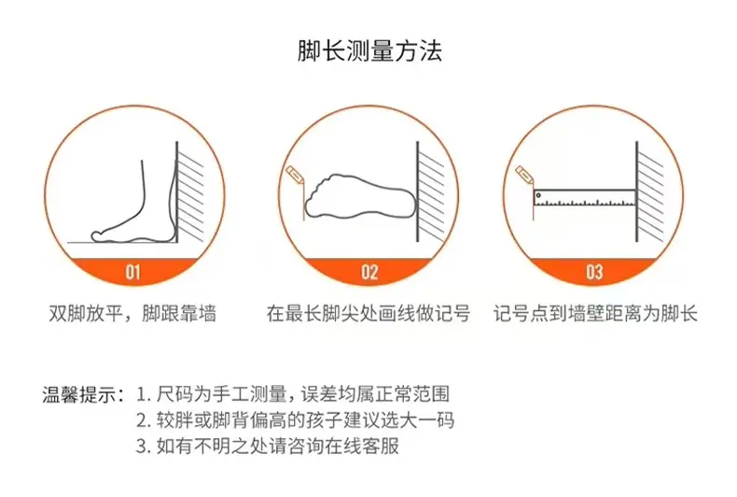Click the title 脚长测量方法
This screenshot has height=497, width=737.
tap(370, 50)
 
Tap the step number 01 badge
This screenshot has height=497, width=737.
tap(133, 272)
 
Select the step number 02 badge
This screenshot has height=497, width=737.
tap(369, 272)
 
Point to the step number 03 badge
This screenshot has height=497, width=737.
tap(594, 272)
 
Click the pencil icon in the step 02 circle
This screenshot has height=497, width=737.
tap(295, 174)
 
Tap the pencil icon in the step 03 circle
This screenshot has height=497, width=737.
tap(523, 174)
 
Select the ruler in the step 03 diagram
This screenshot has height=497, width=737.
tap(585, 198)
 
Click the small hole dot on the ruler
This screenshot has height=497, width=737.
tap(538, 195)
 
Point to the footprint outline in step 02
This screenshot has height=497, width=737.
tap(360, 197)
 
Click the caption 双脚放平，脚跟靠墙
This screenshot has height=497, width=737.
tap(132, 314)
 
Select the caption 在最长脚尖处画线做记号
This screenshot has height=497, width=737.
tap(368, 314)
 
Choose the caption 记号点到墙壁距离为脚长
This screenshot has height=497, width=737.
tap(595, 314)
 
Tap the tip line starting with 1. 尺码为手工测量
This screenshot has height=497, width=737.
tap(293, 394)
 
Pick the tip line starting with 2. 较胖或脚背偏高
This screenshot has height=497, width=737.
tap(295, 419)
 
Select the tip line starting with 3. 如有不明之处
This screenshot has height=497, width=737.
tap(268, 446)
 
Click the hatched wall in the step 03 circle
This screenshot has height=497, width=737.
tap(649, 192)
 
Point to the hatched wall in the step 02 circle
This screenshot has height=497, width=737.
tap(431, 192)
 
